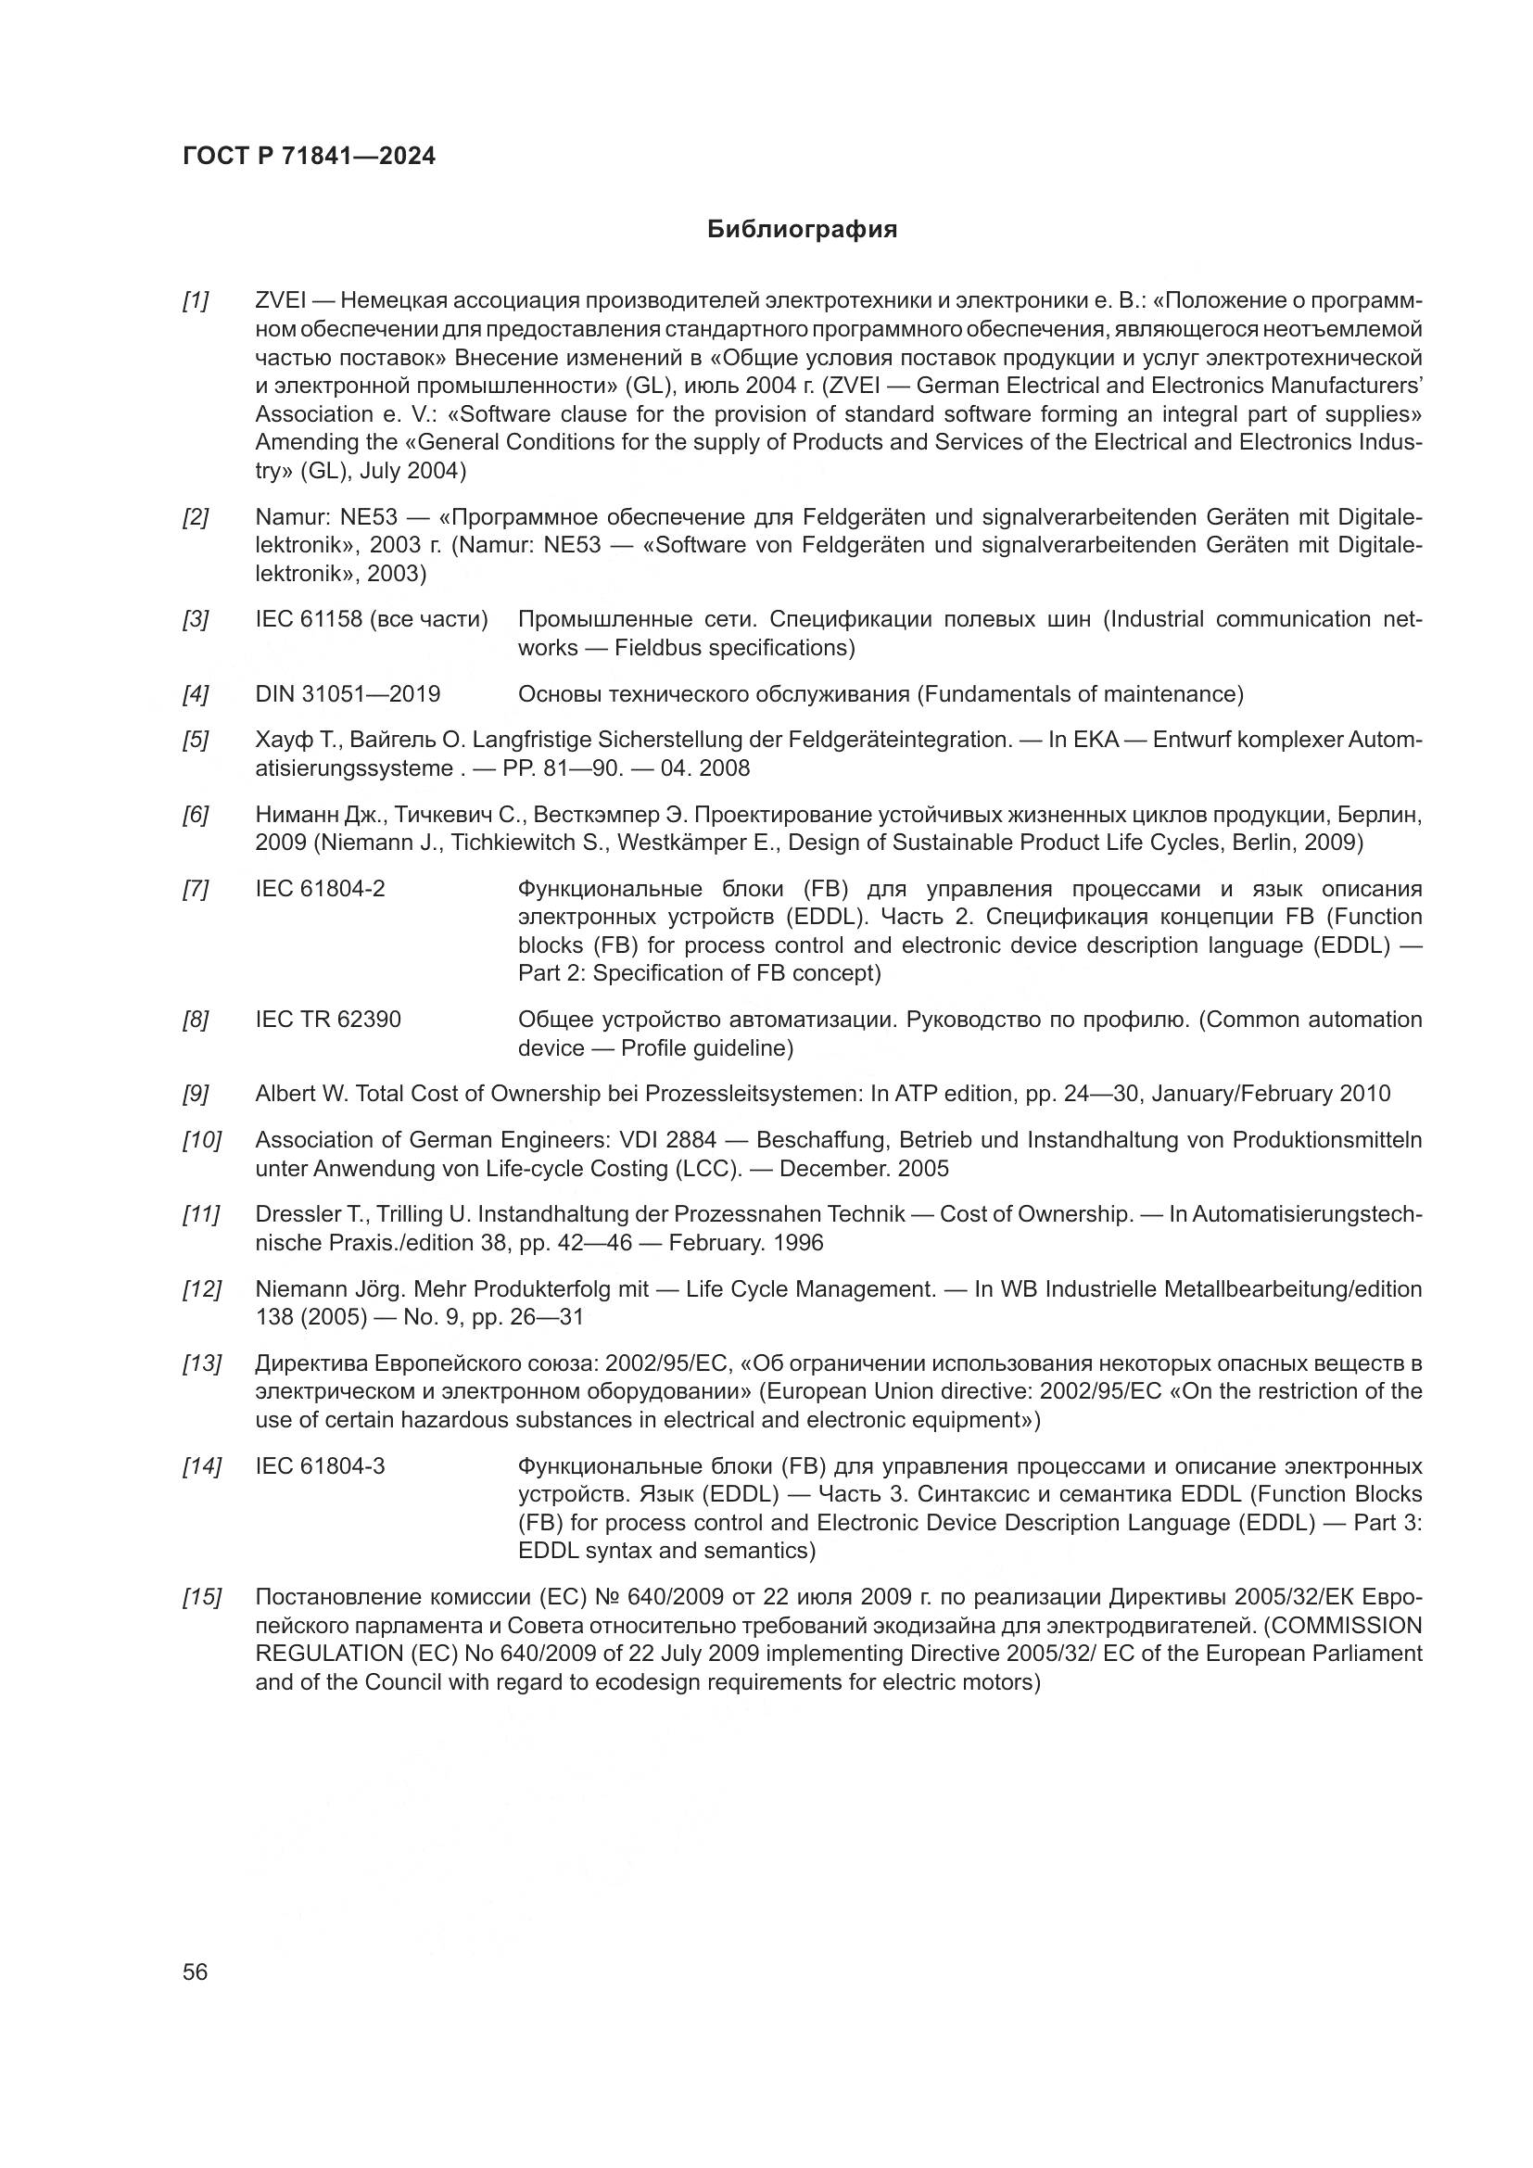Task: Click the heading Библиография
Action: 802,230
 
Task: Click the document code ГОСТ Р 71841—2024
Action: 309,157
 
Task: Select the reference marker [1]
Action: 196,301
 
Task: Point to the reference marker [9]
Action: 196,1095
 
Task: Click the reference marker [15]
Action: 201,1598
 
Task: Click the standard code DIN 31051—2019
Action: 348,695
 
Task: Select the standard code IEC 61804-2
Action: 320,890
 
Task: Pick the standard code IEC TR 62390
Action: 327,1020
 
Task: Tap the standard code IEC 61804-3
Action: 320,1467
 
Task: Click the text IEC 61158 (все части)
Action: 371,620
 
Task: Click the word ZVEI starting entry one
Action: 280,301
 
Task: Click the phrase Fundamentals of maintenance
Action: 1079,695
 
